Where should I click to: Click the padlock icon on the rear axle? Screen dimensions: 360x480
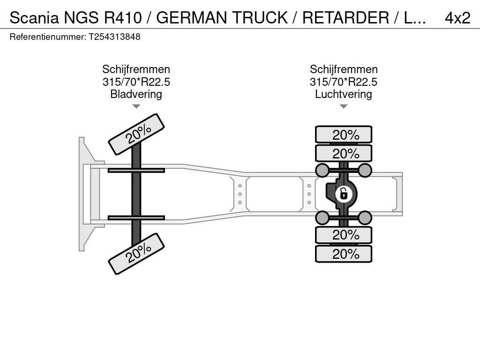pos(344,193)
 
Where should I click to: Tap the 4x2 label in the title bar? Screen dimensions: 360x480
pos(457,18)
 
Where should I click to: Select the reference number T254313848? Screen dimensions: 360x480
pos(115,37)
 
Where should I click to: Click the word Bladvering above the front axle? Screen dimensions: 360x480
pos(136,94)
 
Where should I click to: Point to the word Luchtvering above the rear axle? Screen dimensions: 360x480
pos(344,94)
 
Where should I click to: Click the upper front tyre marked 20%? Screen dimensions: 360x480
pos(136,134)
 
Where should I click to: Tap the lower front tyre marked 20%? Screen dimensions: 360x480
pos(136,254)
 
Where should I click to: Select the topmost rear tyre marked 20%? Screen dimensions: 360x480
pos(344,135)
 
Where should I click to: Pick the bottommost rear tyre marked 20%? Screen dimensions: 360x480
pos(344,254)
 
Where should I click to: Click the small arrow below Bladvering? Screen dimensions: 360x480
pos(136,106)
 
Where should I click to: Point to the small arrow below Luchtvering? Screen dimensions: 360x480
pos(344,106)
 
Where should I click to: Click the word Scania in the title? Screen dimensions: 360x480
pos(34,18)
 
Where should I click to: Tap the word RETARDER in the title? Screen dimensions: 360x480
pos(345,18)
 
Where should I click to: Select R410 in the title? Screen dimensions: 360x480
pos(123,18)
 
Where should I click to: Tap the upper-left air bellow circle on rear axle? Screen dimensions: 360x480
pos(322,170)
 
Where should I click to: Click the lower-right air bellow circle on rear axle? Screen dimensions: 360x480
pos(365,217)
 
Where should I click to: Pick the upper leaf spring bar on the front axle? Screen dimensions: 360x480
pos(136,170)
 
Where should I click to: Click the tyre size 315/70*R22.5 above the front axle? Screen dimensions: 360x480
pos(136,82)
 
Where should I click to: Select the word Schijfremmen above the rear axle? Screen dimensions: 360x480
pos(344,69)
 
